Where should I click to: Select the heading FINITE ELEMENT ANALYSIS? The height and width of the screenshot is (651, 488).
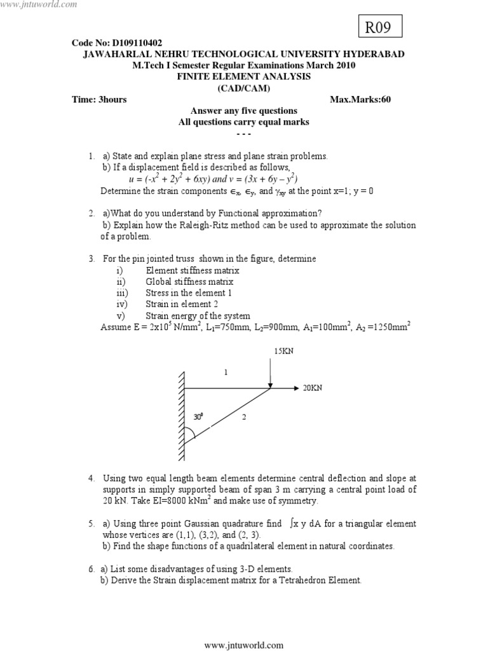[x=244, y=76]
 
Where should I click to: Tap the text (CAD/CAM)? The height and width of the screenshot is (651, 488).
[x=243, y=88]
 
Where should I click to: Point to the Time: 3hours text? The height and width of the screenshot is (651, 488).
[x=99, y=100]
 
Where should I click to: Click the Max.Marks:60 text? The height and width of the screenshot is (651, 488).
[x=360, y=100]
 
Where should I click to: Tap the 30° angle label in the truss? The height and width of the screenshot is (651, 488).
[x=199, y=417]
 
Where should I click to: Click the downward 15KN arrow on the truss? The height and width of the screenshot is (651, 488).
[x=271, y=372]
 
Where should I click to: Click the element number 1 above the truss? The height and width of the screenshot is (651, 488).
[x=225, y=373]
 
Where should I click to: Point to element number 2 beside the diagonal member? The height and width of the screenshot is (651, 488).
[x=243, y=417]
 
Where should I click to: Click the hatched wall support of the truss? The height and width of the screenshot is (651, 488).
[x=182, y=416]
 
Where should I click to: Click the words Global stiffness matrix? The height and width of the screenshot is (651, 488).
[x=189, y=282]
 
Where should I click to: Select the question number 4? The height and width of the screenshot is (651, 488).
[x=91, y=477]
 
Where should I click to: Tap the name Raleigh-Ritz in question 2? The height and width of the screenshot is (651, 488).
[x=205, y=225]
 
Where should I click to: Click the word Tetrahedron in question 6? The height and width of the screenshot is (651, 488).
[x=290, y=580]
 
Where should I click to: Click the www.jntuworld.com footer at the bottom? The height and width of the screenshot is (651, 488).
[x=244, y=645]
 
